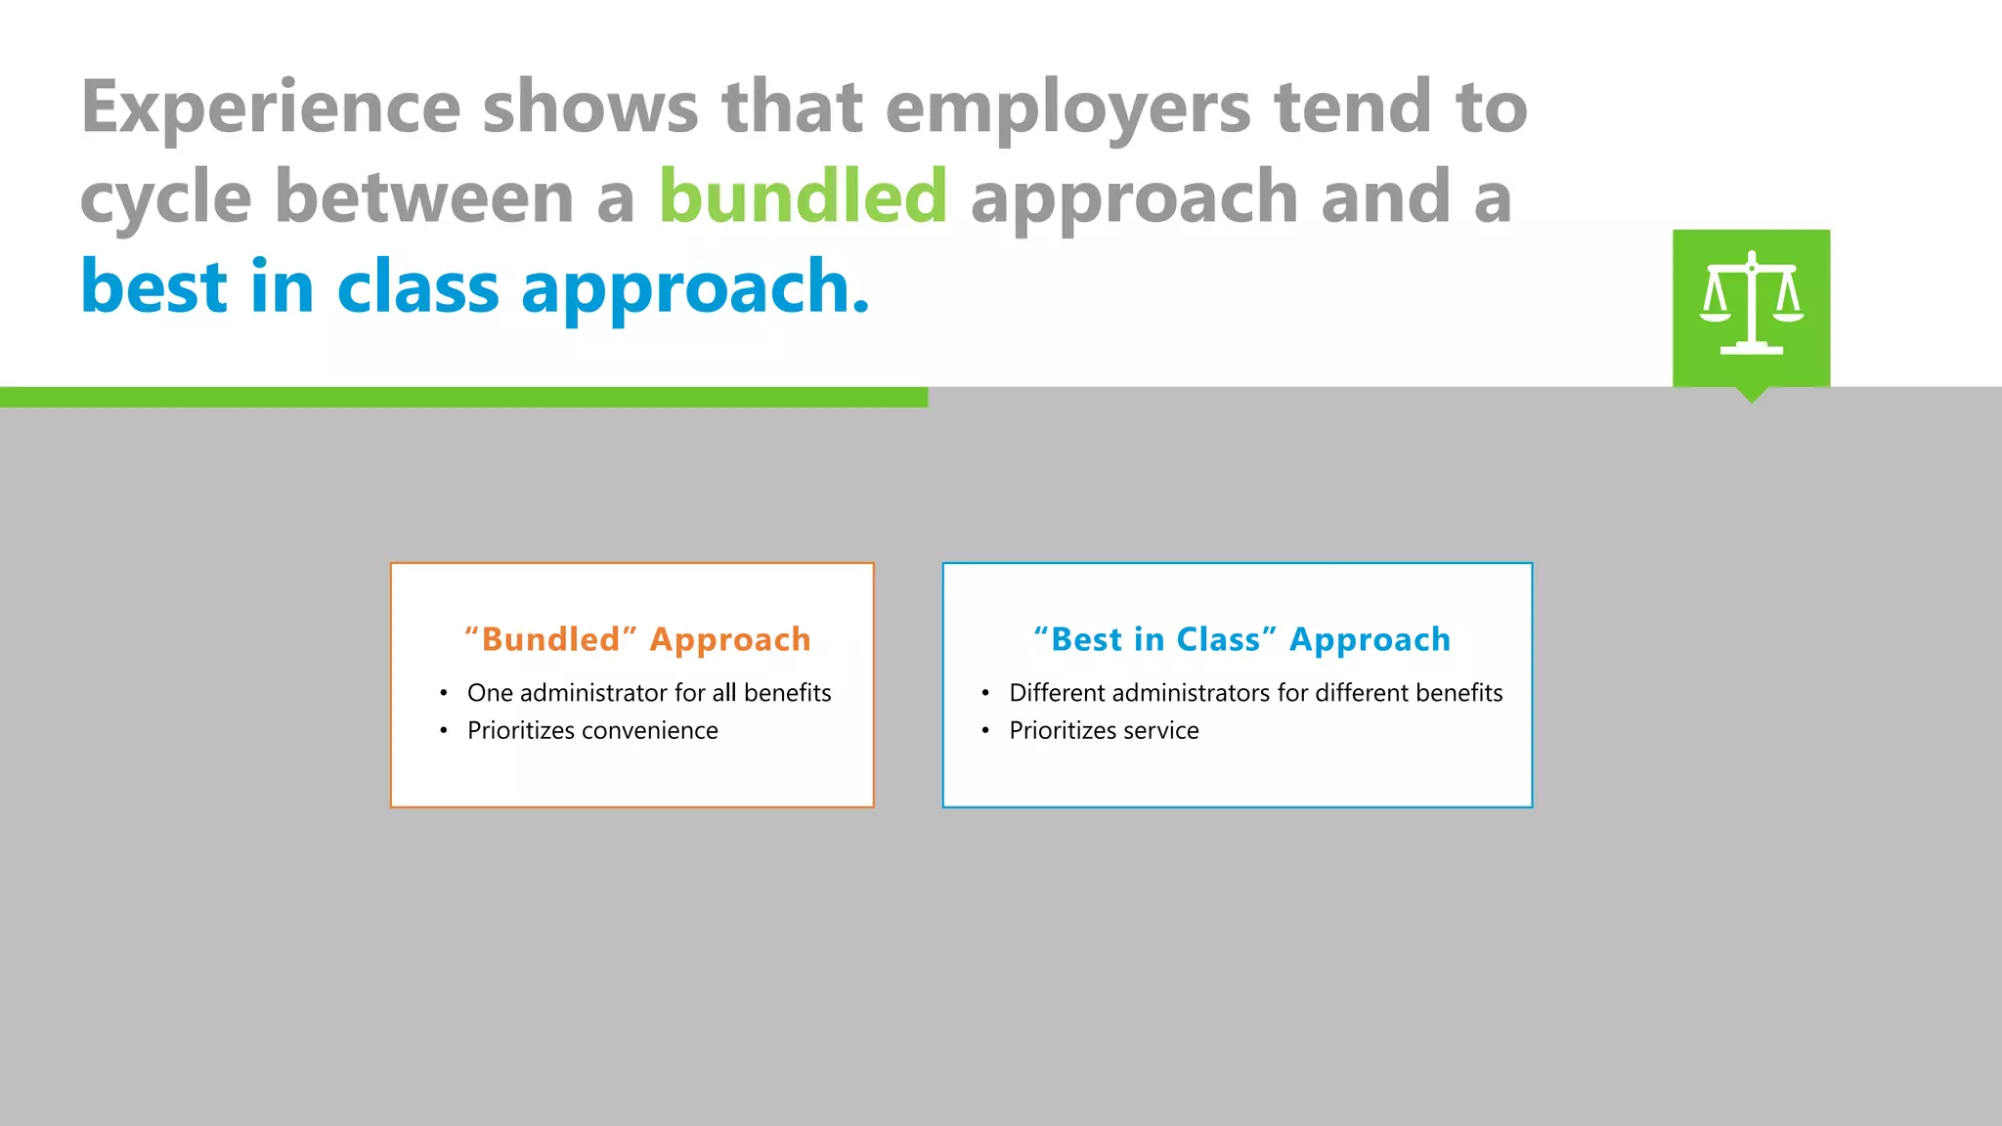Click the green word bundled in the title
pos(803,196)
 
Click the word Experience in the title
pos(271,108)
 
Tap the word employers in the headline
pos(1067,108)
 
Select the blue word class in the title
pos(417,286)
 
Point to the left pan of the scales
pos(1715,315)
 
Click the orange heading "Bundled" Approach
pos(637,639)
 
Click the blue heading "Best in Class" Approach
pos(1241,639)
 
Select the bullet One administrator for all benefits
pos(648,693)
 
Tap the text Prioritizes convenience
pos(592,730)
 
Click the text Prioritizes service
pos(1104,730)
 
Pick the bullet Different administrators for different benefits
pos(1255,693)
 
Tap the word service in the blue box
pos(1160,730)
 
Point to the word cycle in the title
pos(165,198)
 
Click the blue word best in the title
pos(153,286)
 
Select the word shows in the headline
pos(590,108)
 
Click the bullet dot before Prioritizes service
pos(985,730)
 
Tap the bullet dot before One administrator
pos(444,693)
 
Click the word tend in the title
pos(1353,108)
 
